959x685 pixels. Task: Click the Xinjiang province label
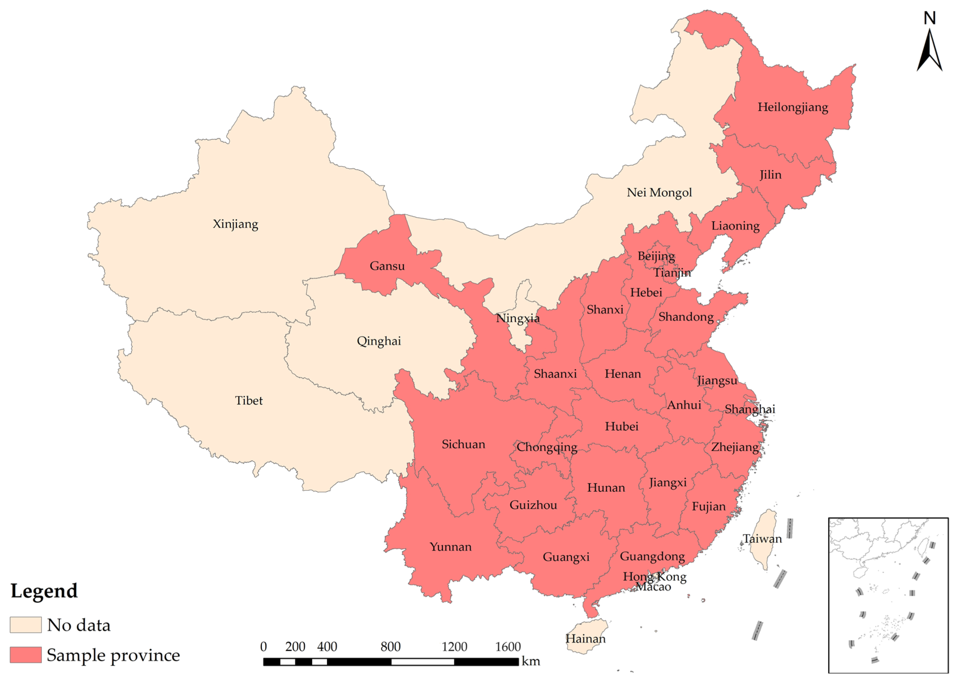[235, 224]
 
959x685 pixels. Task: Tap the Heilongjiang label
[792, 107]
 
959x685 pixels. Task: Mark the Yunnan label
[451, 547]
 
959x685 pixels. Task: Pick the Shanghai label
[749, 409]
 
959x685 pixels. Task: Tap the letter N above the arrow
[930, 18]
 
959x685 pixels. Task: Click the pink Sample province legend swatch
[26, 655]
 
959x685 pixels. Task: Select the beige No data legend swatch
[26, 625]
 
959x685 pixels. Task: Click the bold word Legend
[44, 591]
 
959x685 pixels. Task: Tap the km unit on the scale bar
[531, 661]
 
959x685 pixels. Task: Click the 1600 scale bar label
[508, 647]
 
